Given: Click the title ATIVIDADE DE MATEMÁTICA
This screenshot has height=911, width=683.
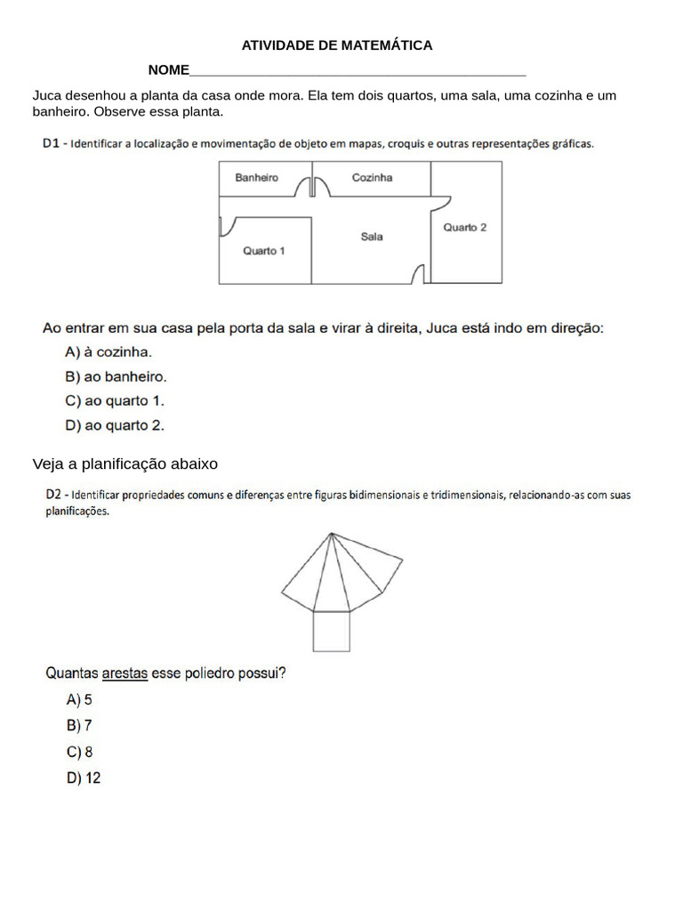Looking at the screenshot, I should point(337,45).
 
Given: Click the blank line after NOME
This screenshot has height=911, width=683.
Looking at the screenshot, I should point(358,71).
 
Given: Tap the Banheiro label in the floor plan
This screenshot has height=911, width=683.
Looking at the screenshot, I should point(256,178).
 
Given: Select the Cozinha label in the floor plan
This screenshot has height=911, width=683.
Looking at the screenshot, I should point(372,178).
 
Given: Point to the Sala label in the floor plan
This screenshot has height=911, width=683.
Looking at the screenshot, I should point(372,237).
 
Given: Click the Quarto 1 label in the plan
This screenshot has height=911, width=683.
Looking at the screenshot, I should point(264,251).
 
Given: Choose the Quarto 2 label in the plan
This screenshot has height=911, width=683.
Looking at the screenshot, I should point(465,228).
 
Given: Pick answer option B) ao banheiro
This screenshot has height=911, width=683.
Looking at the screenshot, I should point(116,376).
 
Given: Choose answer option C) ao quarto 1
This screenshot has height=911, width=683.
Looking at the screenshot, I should point(115,401).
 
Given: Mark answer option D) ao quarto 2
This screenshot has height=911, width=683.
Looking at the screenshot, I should point(115,426).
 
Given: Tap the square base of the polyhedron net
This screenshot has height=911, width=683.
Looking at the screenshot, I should point(331,632).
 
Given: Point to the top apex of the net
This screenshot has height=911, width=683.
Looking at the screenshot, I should point(331,534).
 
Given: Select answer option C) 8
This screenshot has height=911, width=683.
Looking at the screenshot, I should point(79,752).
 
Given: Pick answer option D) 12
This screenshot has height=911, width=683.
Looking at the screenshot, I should point(84,778).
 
